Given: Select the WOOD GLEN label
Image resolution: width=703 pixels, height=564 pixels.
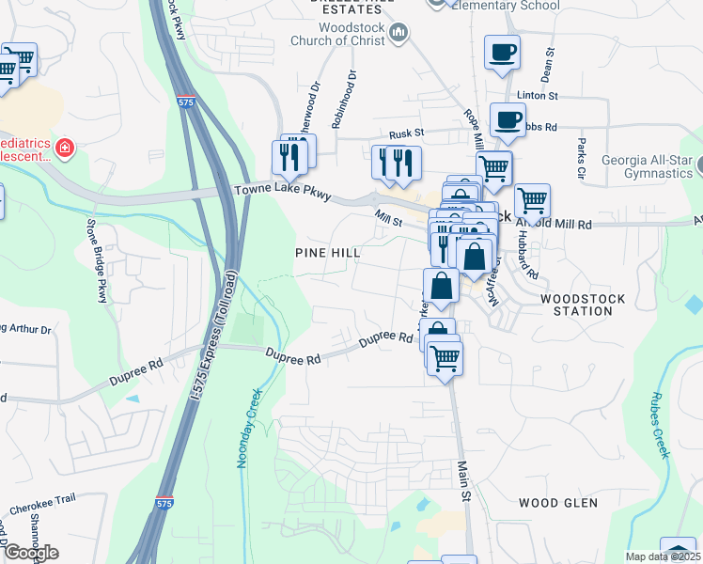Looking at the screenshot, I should coord(558,504).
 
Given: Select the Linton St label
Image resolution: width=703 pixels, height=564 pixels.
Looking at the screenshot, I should coord(538,96).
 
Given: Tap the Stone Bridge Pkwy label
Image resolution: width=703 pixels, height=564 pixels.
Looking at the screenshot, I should coord(97,261).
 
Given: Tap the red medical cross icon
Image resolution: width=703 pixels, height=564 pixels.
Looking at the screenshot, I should coord(64,149).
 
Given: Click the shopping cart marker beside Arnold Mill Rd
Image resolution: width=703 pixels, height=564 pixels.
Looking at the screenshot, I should coord(532,199).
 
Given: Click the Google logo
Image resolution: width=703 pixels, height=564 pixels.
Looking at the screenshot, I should coord(30,552).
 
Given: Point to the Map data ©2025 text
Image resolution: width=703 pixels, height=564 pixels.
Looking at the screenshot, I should coord(663,556).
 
